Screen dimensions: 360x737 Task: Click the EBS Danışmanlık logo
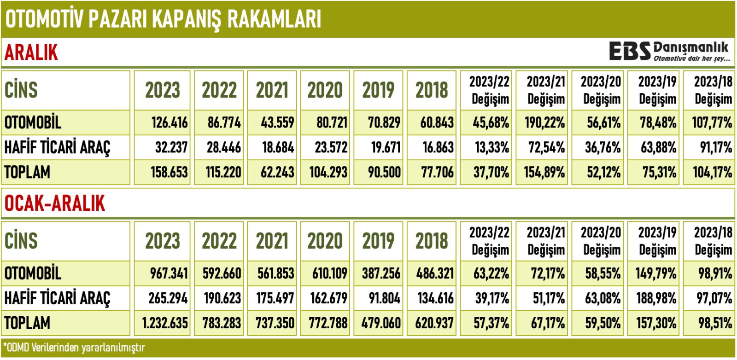click(x=669, y=52)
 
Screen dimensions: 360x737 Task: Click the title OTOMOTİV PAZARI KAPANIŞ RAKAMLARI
click(x=163, y=19)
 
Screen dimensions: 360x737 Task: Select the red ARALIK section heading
click(x=31, y=52)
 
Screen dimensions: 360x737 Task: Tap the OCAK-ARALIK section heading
click(x=55, y=203)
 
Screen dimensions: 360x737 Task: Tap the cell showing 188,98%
click(x=656, y=298)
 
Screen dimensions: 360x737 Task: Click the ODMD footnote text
click(x=74, y=348)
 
